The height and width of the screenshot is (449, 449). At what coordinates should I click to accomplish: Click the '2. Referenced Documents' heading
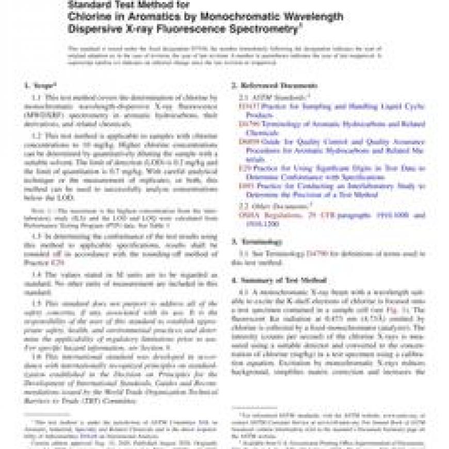pos(274,85)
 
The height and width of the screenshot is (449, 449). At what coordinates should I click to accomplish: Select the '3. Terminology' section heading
pos(256,242)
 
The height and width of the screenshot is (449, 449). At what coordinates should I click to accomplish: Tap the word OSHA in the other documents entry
pos(248,215)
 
